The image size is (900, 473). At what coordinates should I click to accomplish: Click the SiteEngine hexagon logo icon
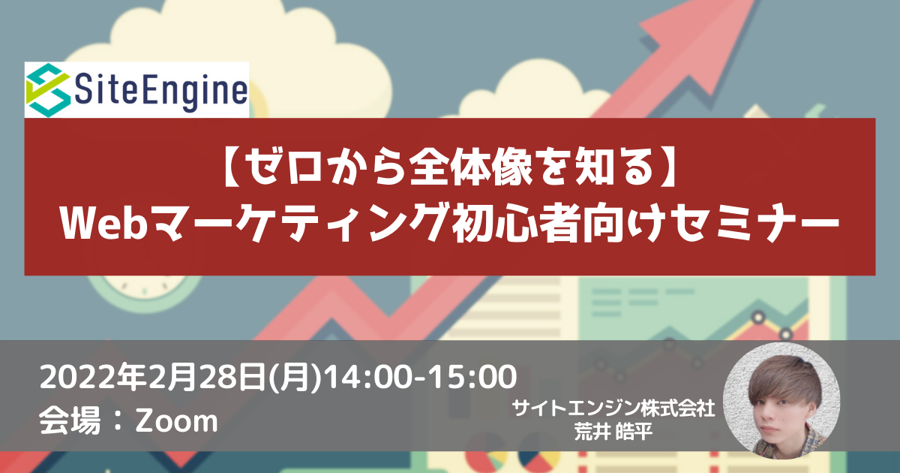pos(48,90)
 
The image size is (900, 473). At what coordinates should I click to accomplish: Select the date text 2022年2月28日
pos(152,377)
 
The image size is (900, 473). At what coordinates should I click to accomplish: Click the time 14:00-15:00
pos(420,377)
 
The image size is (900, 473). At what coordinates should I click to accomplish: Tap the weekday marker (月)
pos(295,377)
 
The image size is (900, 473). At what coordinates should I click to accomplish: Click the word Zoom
pos(176,421)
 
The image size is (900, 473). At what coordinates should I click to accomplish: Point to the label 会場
pos(70,420)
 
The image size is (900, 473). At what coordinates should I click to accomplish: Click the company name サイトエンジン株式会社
pos(613,408)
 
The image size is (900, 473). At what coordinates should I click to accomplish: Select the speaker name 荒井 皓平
pos(613,432)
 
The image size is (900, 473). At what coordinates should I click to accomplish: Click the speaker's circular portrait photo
pos(781,401)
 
